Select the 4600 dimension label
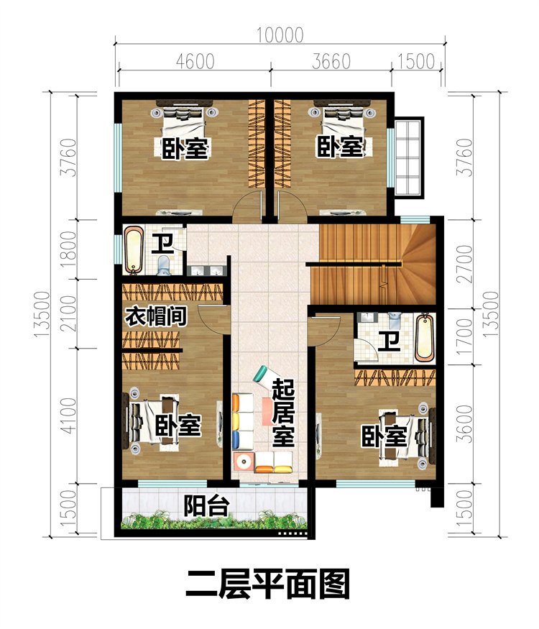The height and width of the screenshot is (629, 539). (x=194, y=62)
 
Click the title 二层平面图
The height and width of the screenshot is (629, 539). (x=267, y=584)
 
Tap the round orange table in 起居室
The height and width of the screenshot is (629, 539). (x=245, y=461)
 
